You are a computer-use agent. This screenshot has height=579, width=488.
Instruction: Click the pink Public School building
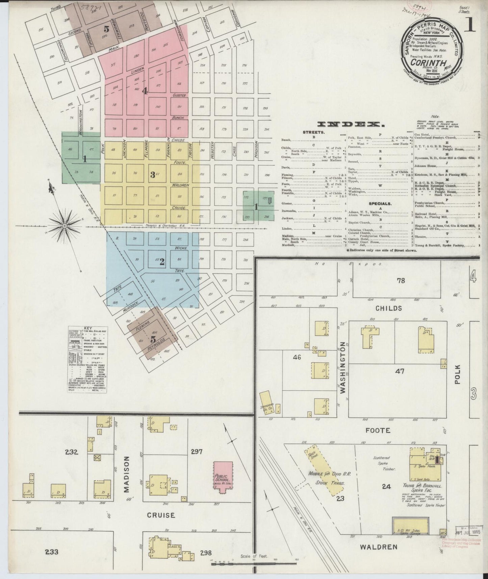(x=222, y=477)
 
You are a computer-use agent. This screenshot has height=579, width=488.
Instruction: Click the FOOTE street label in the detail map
(x=378, y=430)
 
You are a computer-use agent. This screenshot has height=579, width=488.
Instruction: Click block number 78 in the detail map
(x=401, y=280)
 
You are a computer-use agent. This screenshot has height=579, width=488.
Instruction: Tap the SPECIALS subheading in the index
(x=380, y=204)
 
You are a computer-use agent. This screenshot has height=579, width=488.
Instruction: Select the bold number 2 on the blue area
(x=162, y=261)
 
